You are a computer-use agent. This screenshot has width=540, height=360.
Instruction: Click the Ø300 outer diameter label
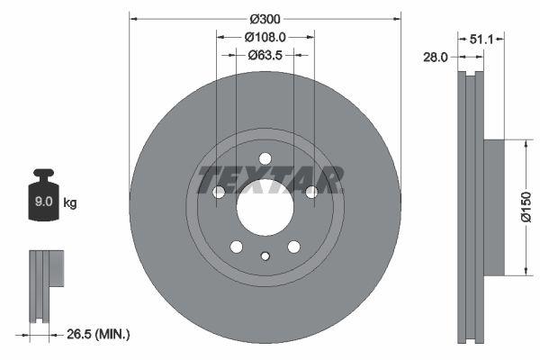pos(265,19)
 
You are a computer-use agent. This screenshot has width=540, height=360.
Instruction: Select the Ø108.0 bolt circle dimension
pos(265,38)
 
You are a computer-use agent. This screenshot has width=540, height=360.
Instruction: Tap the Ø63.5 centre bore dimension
pos(265,55)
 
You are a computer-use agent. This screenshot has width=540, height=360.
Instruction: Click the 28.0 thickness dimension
pos(436,57)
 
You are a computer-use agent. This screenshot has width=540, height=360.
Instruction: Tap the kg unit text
pos(70,203)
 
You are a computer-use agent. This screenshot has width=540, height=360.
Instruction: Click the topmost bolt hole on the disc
pos(265,159)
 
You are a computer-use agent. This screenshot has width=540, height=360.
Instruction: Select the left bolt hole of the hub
pos(219,192)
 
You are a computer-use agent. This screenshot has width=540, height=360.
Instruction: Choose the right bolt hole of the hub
pos(311,192)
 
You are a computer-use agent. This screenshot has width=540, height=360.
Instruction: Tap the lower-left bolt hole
pos(236,247)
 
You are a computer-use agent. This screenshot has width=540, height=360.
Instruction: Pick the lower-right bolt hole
pos(293,247)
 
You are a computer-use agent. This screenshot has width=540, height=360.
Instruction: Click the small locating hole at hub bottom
pos(265,256)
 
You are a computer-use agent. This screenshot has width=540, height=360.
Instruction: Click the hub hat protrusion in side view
pos(492,206)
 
